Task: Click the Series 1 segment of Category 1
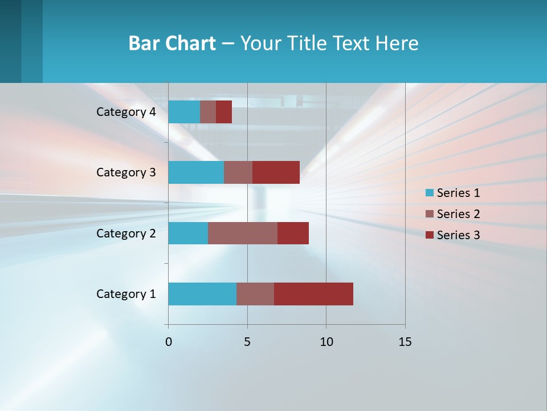click(x=202, y=294)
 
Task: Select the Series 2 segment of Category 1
click(x=255, y=294)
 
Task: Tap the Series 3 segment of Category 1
click(x=313, y=294)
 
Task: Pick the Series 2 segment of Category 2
click(x=243, y=233)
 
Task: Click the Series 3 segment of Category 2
click(x=293, y=233)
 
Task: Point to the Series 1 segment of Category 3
click(x=196, y=172)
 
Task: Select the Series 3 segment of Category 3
click(x=276, y=172)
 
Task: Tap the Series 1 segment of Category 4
click(x=184, y=112)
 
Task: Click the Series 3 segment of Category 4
click(x=224, y=112)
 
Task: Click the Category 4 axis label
click(x=126, y=112)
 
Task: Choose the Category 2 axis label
click(x=126, y=233)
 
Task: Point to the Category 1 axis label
click(x=126, y=294)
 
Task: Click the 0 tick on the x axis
click(x=169, y=342)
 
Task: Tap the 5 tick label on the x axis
click(x=247, y=342)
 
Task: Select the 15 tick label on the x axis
click(x=405, y=342)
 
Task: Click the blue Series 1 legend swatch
click(x=430, y=193)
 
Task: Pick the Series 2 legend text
click(x=458, y=214)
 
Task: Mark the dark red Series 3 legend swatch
click(x=430, y=235)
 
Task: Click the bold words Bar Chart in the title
click(x=172, y=43)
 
